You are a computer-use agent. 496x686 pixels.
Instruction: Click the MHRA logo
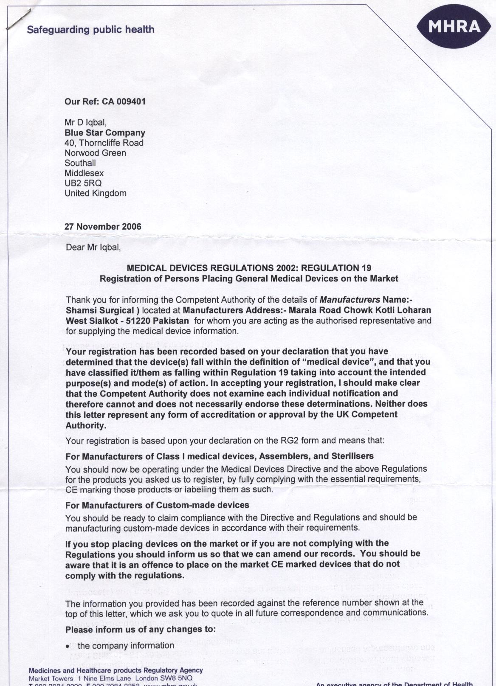coord(454,27)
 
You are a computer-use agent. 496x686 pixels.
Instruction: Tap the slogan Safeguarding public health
coord(90,30)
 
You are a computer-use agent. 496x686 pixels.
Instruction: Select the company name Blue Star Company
coord(105,133)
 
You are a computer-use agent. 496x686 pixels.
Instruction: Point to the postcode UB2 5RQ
coord(83,183)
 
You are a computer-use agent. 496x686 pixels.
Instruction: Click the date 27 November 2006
coord(103,226)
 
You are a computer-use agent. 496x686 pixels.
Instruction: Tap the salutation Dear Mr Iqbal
coord(93,247)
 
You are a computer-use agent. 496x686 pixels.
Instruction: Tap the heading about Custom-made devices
coord(157,505)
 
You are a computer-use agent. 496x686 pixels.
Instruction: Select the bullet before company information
coord(68,647)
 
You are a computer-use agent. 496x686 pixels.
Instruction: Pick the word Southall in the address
coord(80,163)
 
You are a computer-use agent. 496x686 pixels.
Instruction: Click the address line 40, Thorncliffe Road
coord(104,143)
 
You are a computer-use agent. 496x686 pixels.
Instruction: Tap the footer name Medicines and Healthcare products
coord(116,670)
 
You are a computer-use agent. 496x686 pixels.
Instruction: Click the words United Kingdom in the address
coord(96,193)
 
